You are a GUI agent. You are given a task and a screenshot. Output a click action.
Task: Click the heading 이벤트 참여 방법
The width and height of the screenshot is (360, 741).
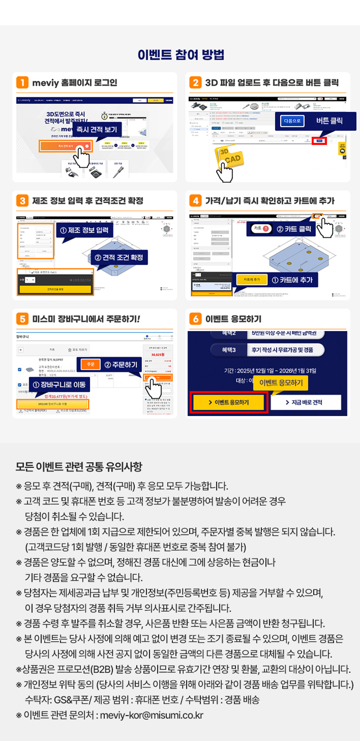coord(180,55)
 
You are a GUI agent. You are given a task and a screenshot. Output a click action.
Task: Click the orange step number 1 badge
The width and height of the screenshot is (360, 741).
coord(22,82)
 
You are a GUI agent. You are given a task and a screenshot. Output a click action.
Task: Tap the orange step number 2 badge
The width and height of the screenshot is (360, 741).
coord(195,82)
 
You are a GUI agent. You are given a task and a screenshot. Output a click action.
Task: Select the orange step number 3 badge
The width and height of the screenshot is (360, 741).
coord(22,200)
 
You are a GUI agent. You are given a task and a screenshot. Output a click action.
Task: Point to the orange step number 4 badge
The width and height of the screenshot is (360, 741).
coord(195,200)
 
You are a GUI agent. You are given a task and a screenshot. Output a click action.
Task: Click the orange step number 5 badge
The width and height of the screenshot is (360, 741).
coord(22,319)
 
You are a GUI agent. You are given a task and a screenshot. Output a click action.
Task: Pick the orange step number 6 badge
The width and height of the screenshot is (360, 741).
coord(195,319)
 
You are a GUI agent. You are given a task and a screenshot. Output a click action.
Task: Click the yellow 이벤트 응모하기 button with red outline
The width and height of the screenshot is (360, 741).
coord(228,402)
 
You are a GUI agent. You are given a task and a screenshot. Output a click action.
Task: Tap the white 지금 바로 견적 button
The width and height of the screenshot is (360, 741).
coord(305,402)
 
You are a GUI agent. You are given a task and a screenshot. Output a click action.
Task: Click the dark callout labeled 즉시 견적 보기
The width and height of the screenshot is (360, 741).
coord(97,130)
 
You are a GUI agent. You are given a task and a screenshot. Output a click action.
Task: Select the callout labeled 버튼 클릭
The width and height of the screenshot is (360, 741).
coord(329,121)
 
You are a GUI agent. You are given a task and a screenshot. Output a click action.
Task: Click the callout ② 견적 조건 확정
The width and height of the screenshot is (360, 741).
coord(119,257)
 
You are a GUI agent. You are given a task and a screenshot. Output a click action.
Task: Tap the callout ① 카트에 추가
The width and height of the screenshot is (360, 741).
coord(291,280)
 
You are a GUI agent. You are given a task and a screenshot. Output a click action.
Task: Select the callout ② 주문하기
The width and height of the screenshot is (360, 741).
coord(121,365)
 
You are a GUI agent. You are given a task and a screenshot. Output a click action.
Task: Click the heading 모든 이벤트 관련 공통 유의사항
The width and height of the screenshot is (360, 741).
coord(79,466)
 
